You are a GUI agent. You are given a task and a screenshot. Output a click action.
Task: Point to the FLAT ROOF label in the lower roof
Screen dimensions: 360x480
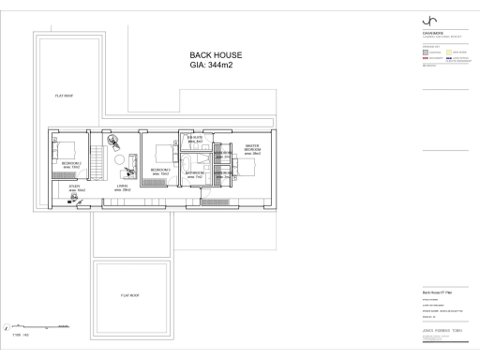pos(129,295)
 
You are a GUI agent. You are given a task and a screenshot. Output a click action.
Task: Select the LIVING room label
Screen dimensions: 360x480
pos(122,187)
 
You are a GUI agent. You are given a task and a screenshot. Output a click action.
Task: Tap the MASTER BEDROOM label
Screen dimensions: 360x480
pos(252,149)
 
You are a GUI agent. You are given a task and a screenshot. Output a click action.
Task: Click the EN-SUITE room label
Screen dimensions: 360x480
pos(195,139)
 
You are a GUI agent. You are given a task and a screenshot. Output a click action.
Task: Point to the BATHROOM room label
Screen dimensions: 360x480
pos(194,174)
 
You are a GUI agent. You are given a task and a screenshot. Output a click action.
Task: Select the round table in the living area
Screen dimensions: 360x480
pos(120,160)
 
